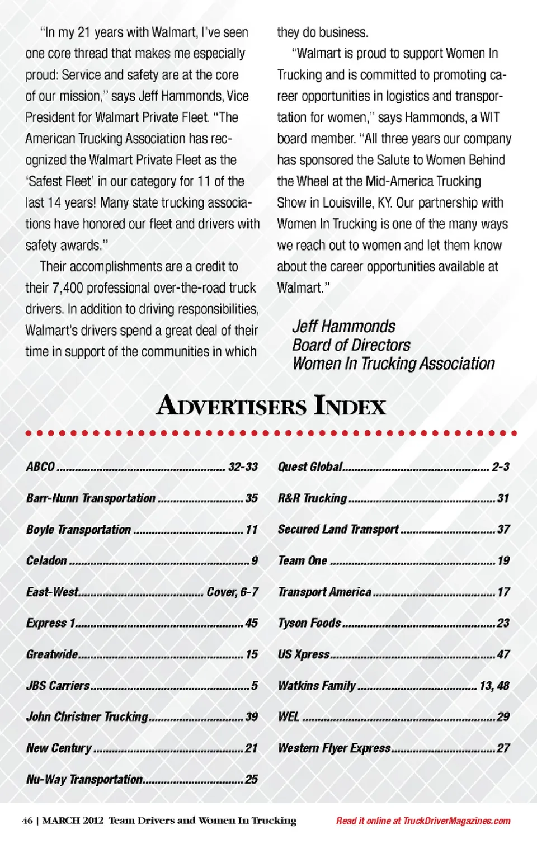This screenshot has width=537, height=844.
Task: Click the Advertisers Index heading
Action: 271,406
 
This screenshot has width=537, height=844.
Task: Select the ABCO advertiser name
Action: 41,466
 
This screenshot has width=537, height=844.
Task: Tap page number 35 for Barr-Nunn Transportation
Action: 252,498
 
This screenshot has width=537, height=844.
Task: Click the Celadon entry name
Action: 46,560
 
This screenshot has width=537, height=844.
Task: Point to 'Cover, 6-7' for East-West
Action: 232,592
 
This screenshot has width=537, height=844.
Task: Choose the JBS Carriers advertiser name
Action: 58,686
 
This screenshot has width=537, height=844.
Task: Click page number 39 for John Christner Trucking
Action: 252,716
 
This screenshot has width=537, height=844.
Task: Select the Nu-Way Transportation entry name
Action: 84,779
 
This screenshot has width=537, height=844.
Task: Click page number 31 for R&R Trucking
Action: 503,498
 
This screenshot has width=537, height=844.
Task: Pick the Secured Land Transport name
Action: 338,529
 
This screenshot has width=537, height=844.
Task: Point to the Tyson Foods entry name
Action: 309,623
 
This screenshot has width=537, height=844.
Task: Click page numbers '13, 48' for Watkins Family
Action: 494,686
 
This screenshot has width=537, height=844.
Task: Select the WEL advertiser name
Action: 289,716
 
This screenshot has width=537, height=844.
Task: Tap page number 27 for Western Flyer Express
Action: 503,748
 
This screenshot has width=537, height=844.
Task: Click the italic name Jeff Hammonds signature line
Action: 343,326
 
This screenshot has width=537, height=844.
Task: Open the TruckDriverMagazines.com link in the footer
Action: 456,821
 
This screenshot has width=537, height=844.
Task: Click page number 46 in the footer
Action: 27,821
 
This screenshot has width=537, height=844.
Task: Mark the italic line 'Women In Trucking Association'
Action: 393,364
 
